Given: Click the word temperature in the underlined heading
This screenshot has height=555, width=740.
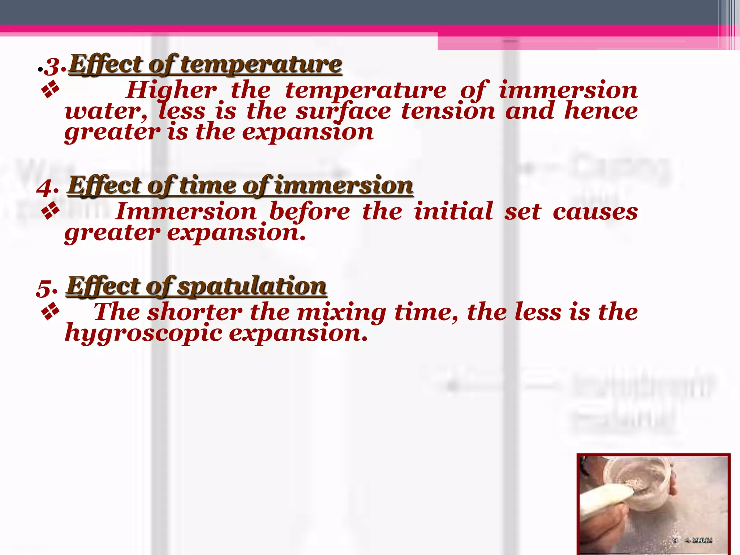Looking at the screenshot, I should [261, 65].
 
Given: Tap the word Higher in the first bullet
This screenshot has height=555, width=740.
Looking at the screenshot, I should [171, 90].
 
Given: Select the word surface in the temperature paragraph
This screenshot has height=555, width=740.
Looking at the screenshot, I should [343, 111].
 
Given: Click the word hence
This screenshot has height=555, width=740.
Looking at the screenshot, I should [601, 111].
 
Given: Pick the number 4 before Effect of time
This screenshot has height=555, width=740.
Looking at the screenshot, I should [46, 188].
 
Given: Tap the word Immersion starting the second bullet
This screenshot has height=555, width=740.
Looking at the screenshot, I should [186, 211].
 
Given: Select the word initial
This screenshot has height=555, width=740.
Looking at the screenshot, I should [453, 211].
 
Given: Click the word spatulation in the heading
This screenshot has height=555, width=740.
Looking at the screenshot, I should [252, 287].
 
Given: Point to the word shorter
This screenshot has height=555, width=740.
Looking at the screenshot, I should [195, 312].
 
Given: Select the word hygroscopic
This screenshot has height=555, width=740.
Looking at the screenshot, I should [143, 333].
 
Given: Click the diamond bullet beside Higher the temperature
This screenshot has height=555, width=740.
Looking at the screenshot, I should [51, 90].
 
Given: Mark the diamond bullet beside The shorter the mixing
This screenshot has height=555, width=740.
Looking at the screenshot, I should [51, 311].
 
